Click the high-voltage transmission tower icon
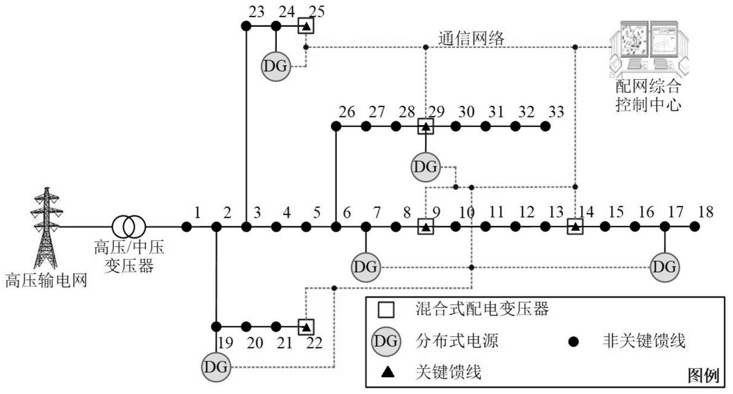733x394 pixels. coord(46,228)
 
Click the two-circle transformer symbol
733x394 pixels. coord(129,227)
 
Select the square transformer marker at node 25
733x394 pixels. coord(306,26)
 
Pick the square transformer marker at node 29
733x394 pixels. coord(425,126)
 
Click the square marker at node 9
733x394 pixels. coord(425,227)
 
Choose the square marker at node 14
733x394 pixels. coord(575,227)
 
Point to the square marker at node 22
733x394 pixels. coord(306,327)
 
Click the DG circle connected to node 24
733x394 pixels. coord(276,66)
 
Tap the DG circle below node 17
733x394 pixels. coord(665,267)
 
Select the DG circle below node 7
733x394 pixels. coord(366,267)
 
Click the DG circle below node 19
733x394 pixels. coord(216,367)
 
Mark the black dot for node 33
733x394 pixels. coord(546,126)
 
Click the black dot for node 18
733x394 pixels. coord(695,227)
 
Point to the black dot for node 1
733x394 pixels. coord(187,227)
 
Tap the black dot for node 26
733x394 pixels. coord(336,126)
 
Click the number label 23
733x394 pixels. coord(256,12)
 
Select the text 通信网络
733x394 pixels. coord(471,39)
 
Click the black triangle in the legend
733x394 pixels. coord(387,372)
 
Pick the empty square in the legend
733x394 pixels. coord(386,309)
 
